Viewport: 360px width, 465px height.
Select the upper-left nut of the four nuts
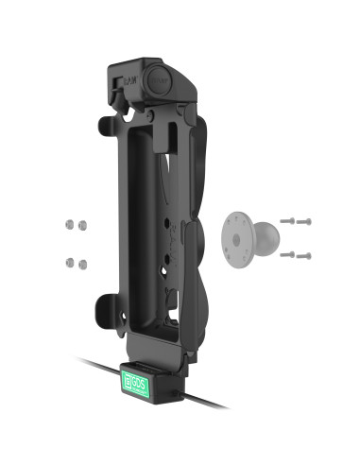click(x=68, y=225)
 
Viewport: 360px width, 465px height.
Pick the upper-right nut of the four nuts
click(x=82, y=225)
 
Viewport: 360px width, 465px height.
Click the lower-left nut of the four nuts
click(x=68, y=262)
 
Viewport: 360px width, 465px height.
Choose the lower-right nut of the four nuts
click(x=82, y=262)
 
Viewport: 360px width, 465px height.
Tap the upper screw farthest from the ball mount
click(x=305, y=223)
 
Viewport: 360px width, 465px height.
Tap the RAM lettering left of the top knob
click(x=127, y=80)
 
